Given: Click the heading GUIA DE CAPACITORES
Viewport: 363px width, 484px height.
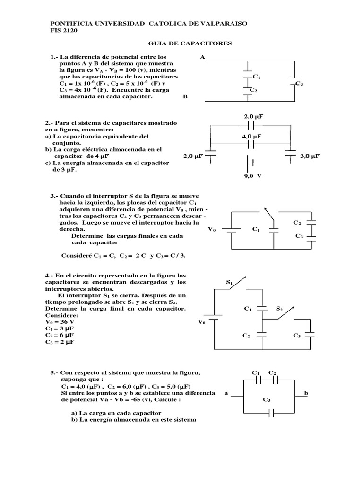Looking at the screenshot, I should pos(190,43).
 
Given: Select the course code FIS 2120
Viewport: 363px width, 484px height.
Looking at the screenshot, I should pos(64,31).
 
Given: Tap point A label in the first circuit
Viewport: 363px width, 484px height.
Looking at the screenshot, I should pos(203,57).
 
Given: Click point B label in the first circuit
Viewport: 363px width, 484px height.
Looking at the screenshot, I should pos(185,96).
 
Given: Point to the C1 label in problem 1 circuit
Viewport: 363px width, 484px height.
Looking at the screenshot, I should pos(257,77).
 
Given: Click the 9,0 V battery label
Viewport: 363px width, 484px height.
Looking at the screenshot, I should pos(252,174).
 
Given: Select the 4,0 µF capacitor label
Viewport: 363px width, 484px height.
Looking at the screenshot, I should pos(252,136).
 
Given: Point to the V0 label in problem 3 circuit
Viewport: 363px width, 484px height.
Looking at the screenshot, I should pos(212,229).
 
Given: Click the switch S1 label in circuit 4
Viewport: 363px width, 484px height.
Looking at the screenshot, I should pos(230,283).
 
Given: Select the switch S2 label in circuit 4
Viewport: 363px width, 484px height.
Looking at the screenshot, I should pos(279,309).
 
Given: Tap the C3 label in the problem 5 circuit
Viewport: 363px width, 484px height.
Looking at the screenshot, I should pos(267,400).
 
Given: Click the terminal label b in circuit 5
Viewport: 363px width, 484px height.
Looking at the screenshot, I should pos(306,393).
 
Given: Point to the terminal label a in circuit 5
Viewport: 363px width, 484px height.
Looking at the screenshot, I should pos(226,393).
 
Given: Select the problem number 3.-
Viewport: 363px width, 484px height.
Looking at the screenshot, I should pos(54,196).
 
